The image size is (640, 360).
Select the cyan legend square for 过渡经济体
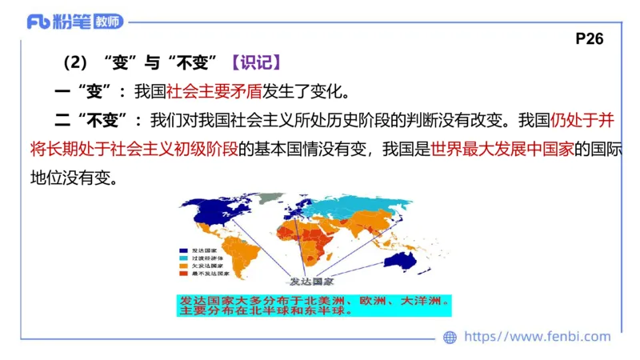tap(184, 258)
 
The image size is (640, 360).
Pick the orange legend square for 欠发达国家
tap(184, 266)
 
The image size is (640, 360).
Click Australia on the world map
tap(406, 260)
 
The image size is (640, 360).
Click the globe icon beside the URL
tap(450, 338)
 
